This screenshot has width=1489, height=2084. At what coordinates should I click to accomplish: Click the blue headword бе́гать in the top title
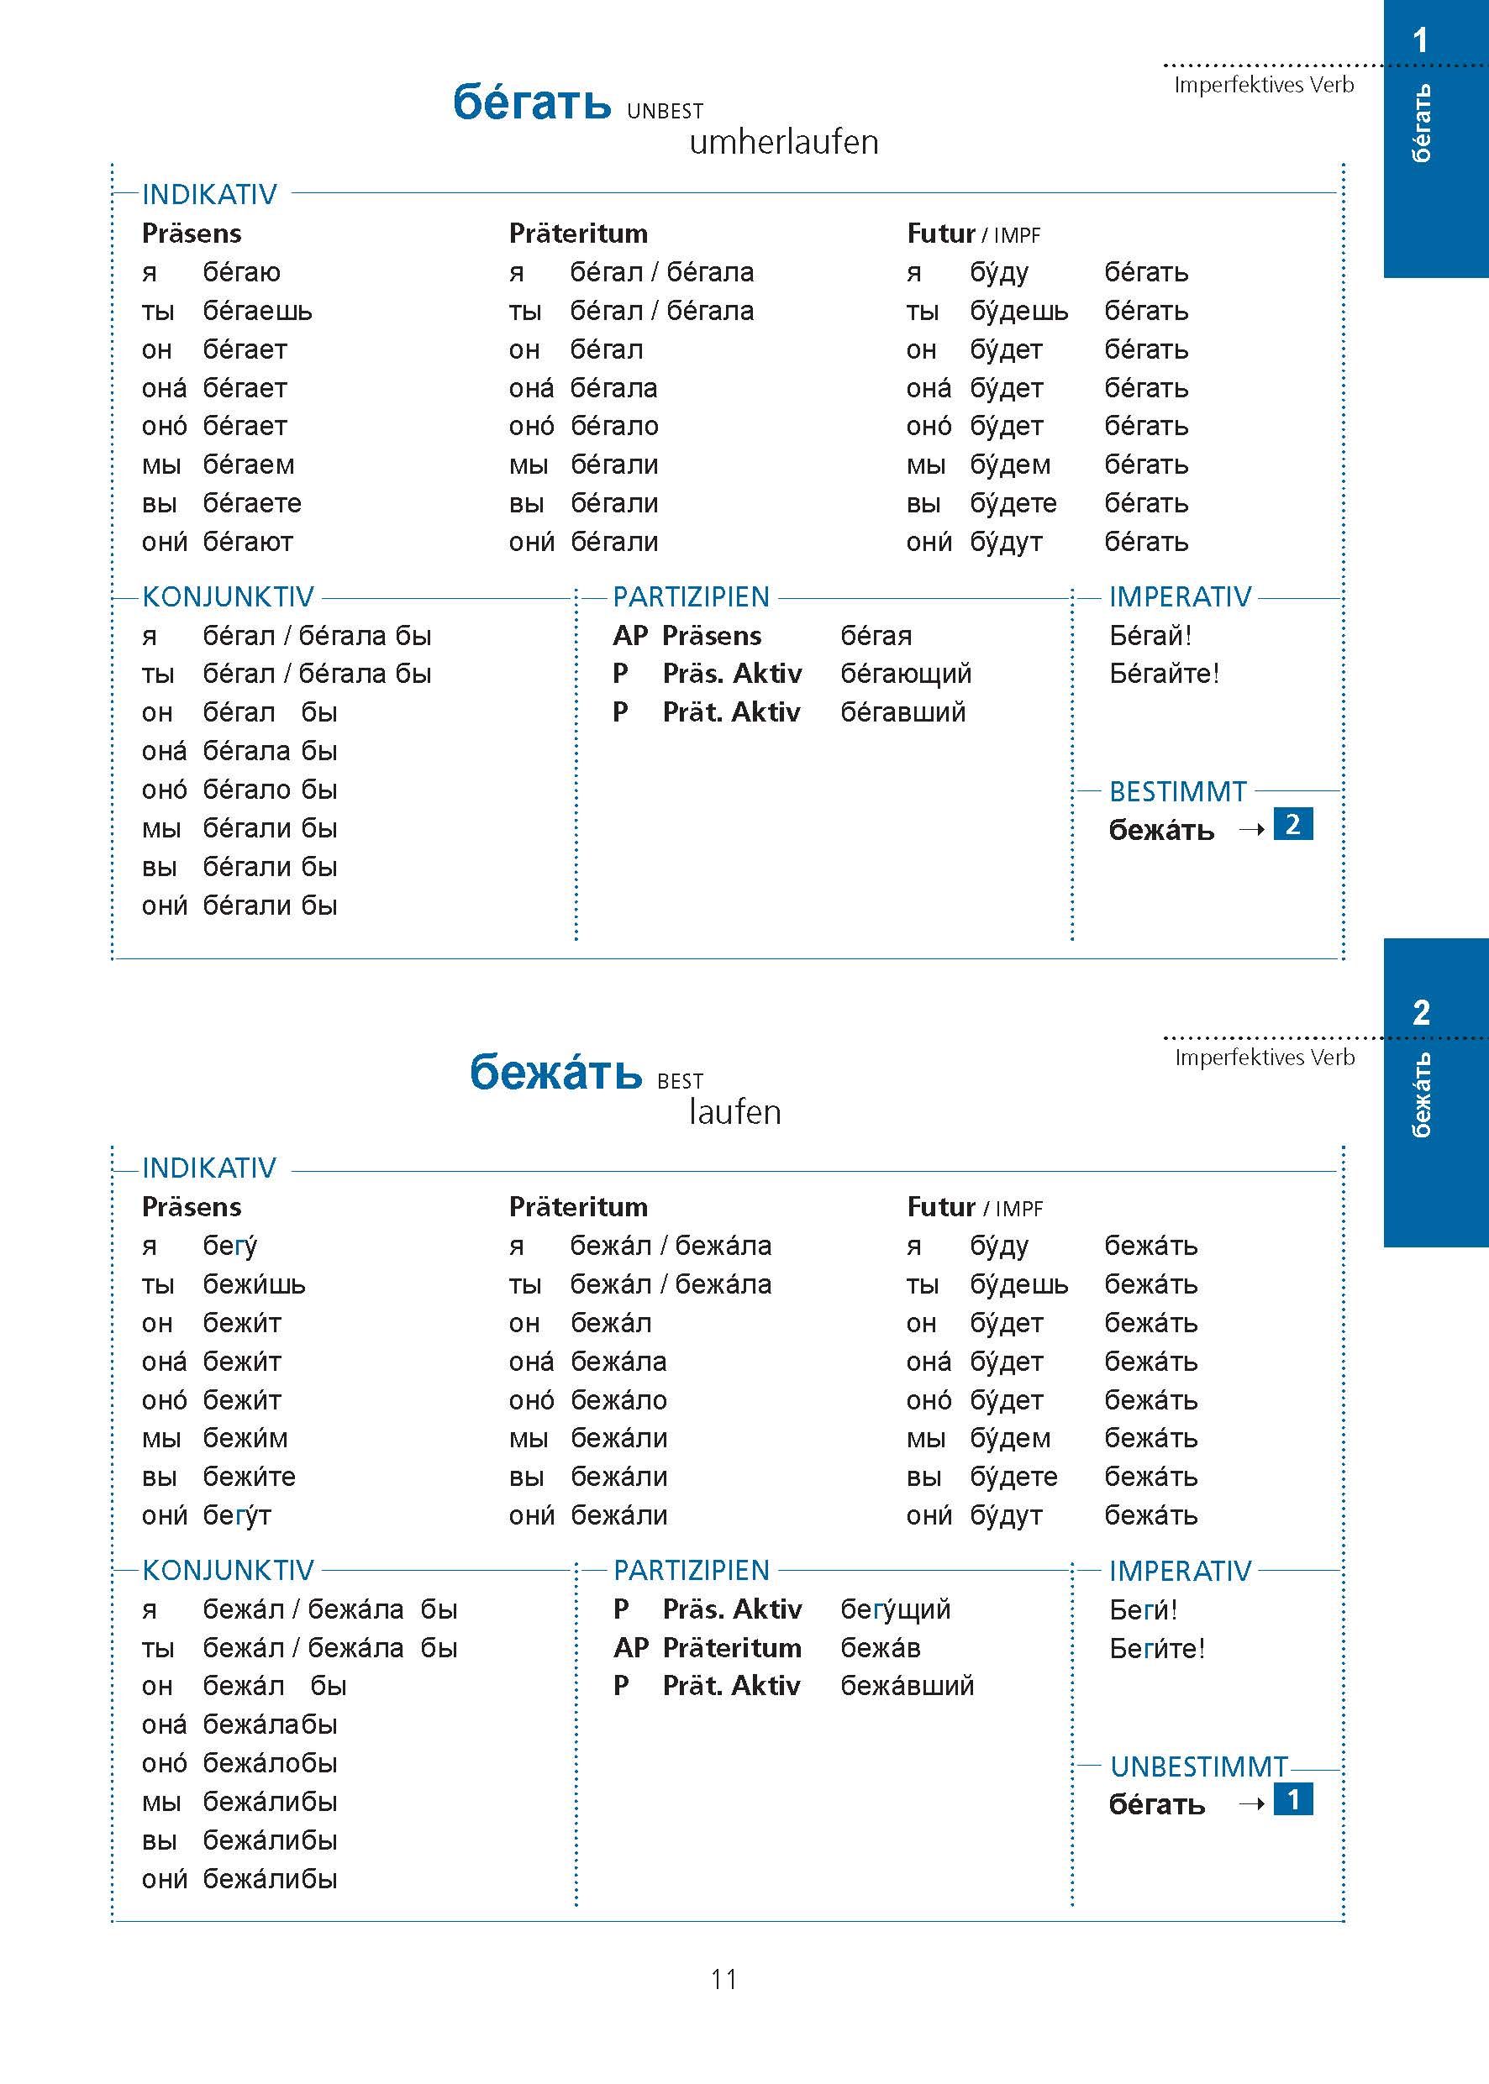point(532,102)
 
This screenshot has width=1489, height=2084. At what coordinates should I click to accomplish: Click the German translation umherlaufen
point(783,143)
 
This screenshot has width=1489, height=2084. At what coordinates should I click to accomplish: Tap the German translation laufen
point(734,1113)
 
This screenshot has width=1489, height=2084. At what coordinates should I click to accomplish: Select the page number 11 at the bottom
point(723,1980)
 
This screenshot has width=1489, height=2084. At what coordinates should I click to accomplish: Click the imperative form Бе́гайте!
point(1164,674)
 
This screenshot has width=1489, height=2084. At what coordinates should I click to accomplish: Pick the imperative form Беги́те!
point(1156,1649)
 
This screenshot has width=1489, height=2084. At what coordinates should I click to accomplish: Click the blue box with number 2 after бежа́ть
point(1292,825)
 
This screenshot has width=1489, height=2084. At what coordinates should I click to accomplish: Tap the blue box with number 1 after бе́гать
point(1292,1800)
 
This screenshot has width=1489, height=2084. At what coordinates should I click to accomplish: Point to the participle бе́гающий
point(905,674)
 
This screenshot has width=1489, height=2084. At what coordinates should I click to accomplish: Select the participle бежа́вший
point(907,1685)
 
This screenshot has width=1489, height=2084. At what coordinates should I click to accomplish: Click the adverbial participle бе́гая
point(876,635)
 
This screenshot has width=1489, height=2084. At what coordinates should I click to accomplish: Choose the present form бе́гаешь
point(257,312)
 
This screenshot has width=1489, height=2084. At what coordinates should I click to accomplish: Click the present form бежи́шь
point(254,1285)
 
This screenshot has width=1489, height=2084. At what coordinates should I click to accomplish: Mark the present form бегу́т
point(237,1516)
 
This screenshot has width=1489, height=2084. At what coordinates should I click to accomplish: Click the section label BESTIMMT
point(1177,792)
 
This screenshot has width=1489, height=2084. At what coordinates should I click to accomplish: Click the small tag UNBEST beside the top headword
point(665,112)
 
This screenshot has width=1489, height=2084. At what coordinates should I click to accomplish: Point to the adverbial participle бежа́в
point(880,1648)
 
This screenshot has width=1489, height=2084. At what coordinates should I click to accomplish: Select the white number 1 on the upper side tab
point(1420,40)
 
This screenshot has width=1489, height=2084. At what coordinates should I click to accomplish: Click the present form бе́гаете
point(251,504)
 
